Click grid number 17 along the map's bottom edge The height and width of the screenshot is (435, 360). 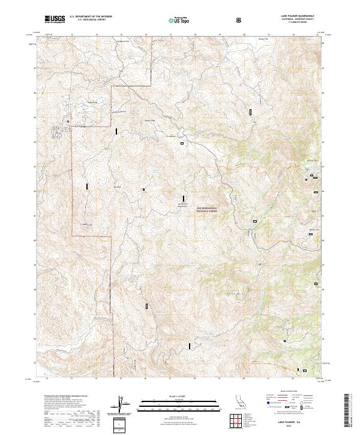point(170,379)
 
